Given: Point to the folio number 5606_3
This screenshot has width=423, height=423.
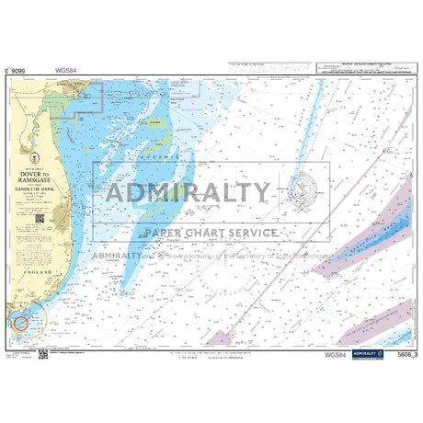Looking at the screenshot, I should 402,353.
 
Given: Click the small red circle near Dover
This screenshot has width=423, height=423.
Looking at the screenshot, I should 20,322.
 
